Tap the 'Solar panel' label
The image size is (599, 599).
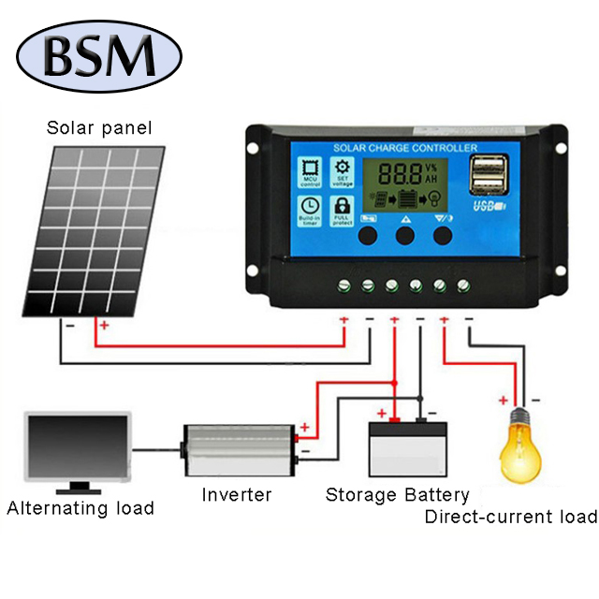point(99,127)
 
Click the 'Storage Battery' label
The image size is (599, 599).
point(397,494)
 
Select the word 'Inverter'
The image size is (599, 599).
point(237,494)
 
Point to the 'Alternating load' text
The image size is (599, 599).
point(80,509)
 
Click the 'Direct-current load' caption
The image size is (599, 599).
point(510,517)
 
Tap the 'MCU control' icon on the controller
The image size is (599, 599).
point(310,174)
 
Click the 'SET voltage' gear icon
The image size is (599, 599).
point(343,172)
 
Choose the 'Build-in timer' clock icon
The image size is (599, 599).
point(310,211)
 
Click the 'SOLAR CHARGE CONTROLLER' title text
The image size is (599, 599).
point(405,148)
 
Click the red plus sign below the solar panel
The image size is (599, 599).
point(104,326)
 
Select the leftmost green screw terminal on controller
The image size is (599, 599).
point(343,285)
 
